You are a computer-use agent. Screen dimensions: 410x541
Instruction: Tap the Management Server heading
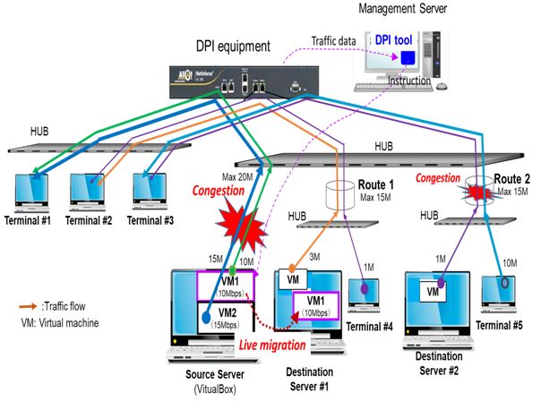point(403,8)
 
